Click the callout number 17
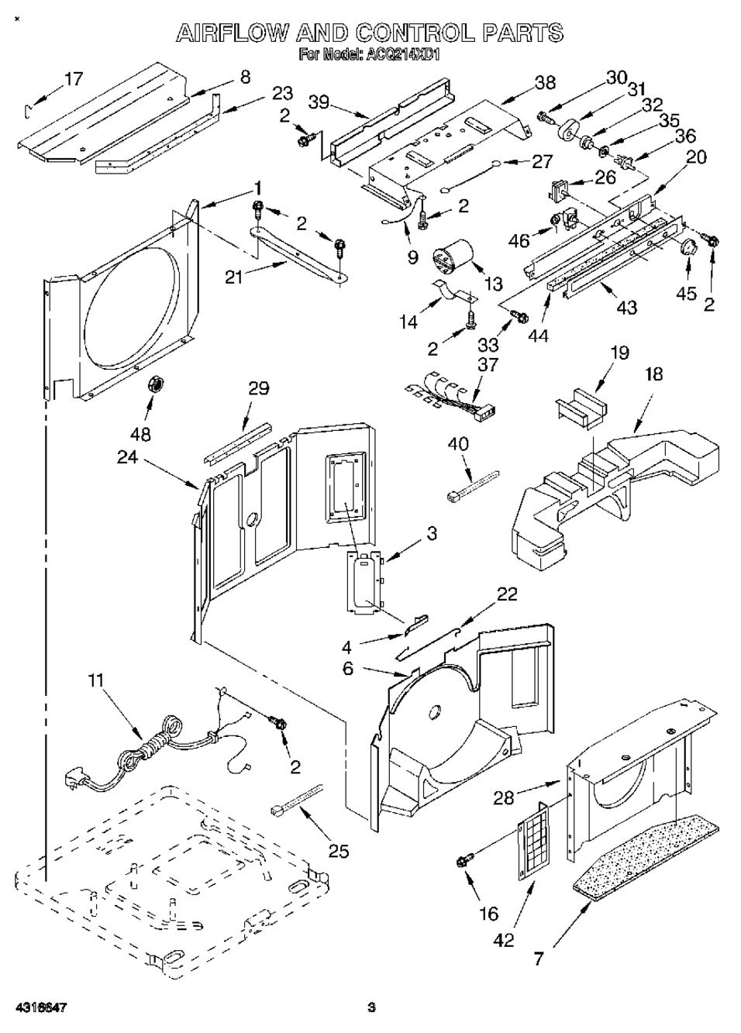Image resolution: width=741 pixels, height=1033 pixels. [73, 79]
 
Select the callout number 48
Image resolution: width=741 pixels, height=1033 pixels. [141, 433]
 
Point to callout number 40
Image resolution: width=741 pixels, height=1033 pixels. [459, 443]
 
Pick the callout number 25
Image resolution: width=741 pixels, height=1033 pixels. [339, 850]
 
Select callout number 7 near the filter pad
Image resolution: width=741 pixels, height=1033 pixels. [538, 959]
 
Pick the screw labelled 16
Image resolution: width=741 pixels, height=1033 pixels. [467, 858]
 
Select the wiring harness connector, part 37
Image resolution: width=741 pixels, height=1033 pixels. [446, 392]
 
